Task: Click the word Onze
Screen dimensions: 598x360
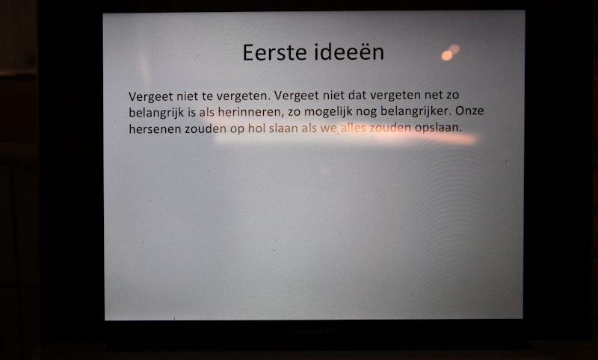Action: click(x=469, y=111)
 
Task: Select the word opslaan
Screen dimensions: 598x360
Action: click(x=438, y=128)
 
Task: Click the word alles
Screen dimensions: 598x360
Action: click(x=353, y=128)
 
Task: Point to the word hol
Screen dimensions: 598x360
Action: click(x=256, y=128)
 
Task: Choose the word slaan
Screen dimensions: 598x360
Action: click(x=283, y=128)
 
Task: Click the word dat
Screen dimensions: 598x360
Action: click(x=357, y=94)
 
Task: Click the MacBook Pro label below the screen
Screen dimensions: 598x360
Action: click(x=315, y=331)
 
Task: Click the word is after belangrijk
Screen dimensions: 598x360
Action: click(x=191, y=113)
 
